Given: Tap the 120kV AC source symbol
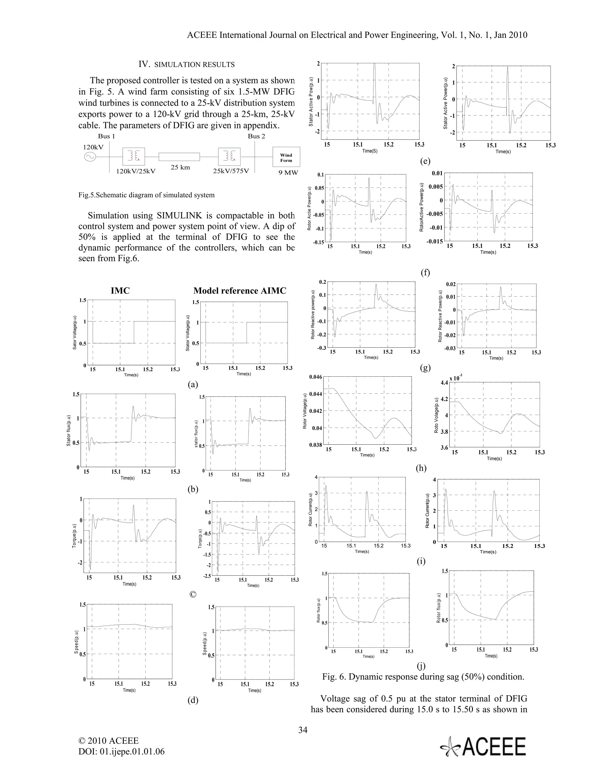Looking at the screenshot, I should pyautogui.click(x=89, y=157).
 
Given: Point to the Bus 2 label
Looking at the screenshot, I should pyautogui.click(x=256, y=136).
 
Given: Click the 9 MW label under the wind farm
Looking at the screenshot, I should pyautogui.click(x=288, y=173).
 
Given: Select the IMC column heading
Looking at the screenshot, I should pyautogui.click(x=120, y=291).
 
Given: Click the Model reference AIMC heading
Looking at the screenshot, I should pyautogui.click(x=240, y=291).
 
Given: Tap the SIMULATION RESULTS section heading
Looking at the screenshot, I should pyautogui.click(x=187, y=64).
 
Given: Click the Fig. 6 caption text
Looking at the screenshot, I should pyautogui.click(x=423, y=677).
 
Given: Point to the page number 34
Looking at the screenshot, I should pyautogui.click(x=303, y=730).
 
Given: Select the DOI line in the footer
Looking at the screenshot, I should pyautogui.click(x=121, y=751).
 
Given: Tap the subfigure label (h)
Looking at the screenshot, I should pyautogui.click(x=421, y=468).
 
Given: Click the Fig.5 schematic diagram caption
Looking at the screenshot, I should pyautogui.click(x=146, y=195).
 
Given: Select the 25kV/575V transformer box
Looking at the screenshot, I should pyautogui.click(x=229, y=157).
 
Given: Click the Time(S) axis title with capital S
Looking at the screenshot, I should pyautogui.click(x=370, y=151).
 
